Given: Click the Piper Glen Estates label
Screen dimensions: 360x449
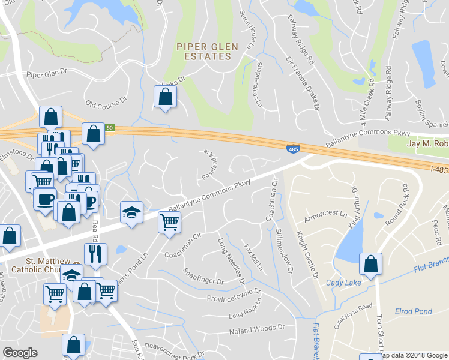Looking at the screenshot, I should coord(207,52).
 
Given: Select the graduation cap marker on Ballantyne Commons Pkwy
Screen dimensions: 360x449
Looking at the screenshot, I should coord(131,213).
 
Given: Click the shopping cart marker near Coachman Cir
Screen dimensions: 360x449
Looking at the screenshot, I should coord(170,223).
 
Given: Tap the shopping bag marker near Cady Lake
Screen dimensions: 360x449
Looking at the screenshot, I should coord(372,264).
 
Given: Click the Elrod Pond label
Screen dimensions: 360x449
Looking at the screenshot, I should coord(412,311).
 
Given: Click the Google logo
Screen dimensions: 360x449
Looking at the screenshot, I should coord(20,353).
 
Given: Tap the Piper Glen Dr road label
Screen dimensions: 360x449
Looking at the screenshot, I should coord(49,74).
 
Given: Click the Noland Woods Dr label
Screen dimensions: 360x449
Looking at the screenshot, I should coord(256,329).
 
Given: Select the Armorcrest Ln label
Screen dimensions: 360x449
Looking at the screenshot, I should coord(326,214).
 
